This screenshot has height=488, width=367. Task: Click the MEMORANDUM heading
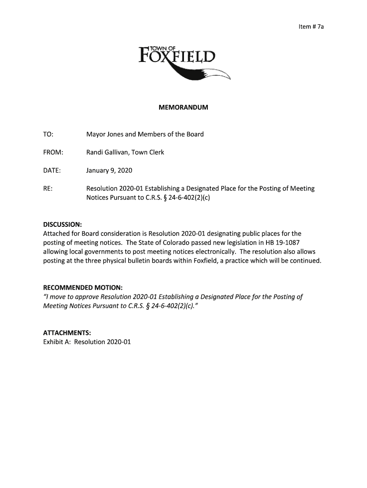183,108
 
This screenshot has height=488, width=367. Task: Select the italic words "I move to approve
72,297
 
